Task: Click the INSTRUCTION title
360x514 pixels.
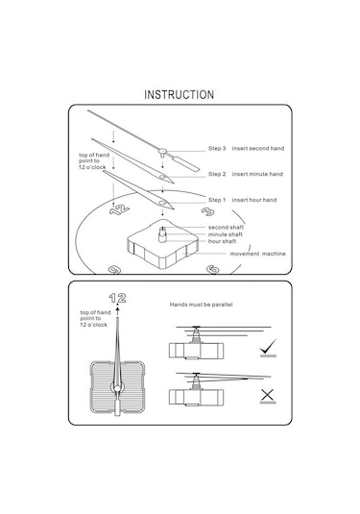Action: [x=180, y=95]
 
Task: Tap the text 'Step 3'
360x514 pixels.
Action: [x=217, y=149]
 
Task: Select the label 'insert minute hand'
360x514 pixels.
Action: [x=257, y=174]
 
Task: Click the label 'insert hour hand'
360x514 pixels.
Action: [x=254, y=200]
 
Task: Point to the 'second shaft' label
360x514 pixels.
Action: [x=226, y=227]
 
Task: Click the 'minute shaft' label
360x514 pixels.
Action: [x=226, y=234]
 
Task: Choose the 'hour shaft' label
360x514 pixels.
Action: [x=222, y=241]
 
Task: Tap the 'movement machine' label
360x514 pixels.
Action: [x=258, y=254]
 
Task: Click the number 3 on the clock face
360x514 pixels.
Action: [x=207, y=211]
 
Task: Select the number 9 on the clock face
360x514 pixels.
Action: [x=114, y=270]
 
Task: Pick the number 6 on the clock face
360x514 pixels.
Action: [x=213, y=270]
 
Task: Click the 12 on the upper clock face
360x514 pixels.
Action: [x=119, y=209]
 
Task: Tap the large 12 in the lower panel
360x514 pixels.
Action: [x=117, y=298]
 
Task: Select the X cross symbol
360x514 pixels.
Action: [x=268, y=395]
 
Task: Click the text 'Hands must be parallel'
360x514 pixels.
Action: [x=202, y=305]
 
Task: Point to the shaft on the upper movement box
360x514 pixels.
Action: [x=162, y=234]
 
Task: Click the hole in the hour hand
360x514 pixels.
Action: [x=162, y=203]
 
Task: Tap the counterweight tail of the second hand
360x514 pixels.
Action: [x=185, y=163]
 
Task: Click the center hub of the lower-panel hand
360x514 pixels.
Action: [x=117, y=389]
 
